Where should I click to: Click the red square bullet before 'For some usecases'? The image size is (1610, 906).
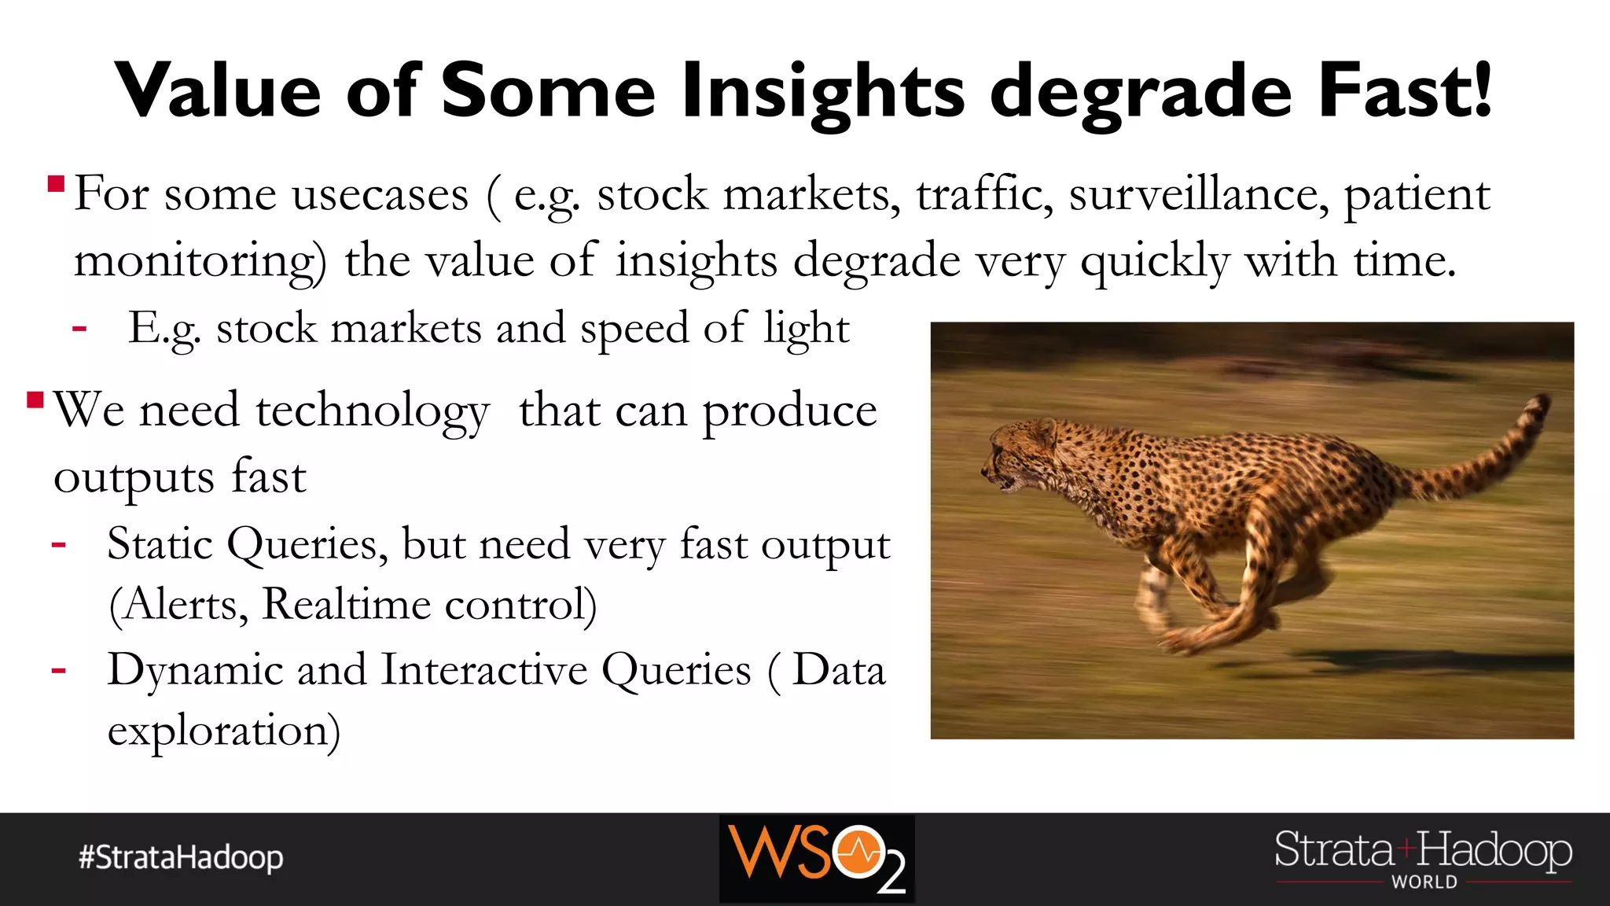tap(56, 185)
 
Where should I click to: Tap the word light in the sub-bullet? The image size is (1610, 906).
tap(807, 329)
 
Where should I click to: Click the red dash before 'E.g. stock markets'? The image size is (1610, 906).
tap(79, 328)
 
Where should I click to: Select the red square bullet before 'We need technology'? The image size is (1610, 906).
tap(35, 400)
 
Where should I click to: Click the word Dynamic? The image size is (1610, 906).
tap(195, 670)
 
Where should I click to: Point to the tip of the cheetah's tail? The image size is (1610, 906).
tap(1542, 403)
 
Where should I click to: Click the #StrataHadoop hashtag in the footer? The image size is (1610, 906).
tap(181, 857)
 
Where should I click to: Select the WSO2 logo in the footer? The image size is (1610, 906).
tap(817, 858)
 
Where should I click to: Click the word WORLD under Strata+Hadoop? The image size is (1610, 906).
tap(1424, 882)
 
